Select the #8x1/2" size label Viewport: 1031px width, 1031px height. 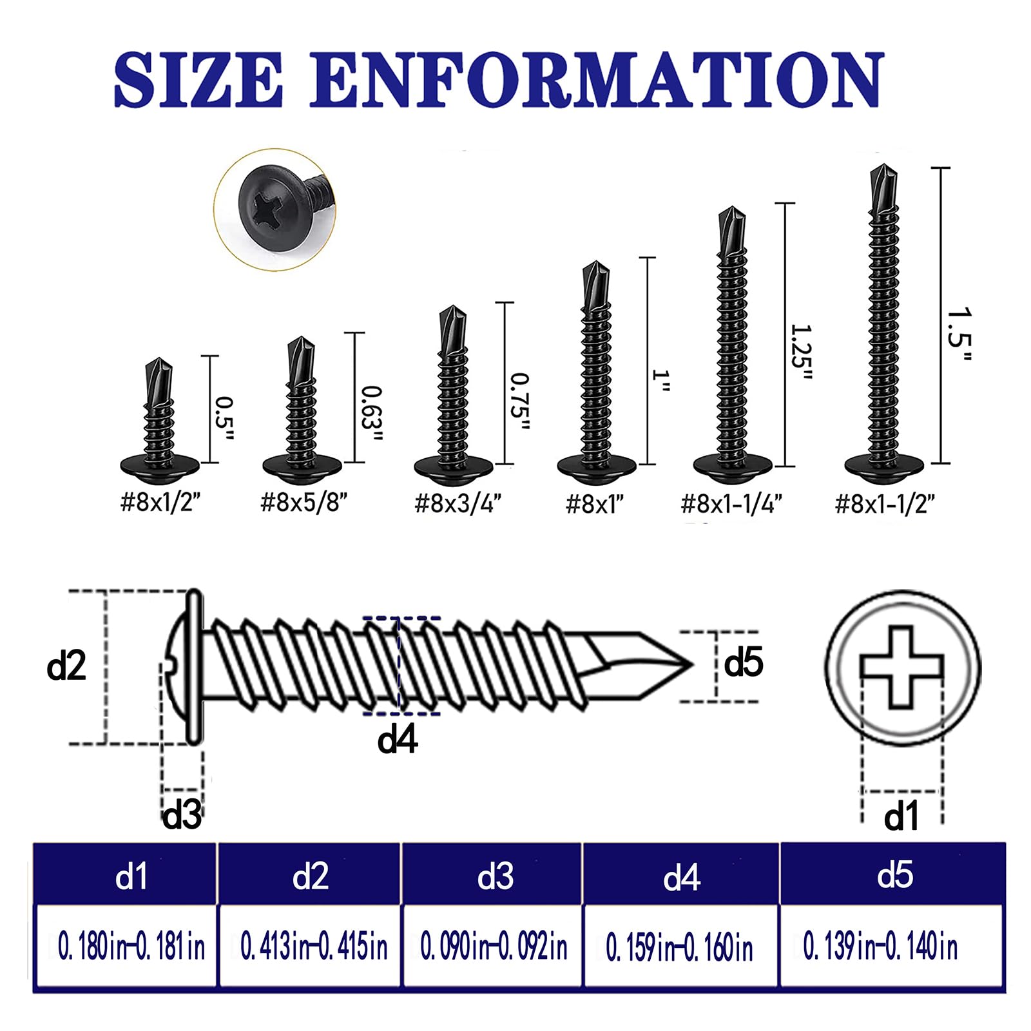coord(161,503)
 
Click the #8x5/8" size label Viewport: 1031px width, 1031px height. coord(304,503)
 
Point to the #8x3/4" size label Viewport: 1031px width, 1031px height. coord(458,503)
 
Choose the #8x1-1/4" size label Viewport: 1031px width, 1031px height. coord(732,503)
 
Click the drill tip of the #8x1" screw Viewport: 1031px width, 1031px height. coord(596,277)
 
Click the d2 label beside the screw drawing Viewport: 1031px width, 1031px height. coord(66,666)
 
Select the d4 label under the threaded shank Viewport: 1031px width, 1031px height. coord(397,739)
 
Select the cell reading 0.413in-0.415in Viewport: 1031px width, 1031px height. coord(314,947)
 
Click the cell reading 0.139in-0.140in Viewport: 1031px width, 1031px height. coord(880,947)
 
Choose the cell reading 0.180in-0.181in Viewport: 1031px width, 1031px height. coord(131,947)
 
